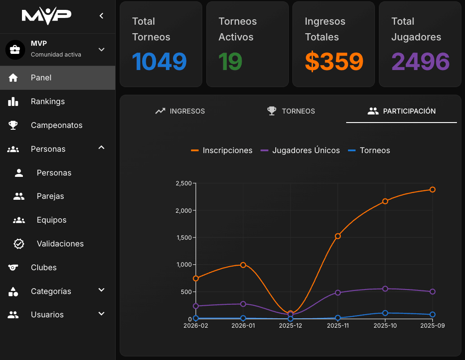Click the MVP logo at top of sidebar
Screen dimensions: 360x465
pos(47,15)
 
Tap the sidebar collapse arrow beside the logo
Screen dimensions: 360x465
pos(101,16)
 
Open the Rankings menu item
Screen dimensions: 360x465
pos(48,101)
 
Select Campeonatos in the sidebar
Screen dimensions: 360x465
pos(56,125)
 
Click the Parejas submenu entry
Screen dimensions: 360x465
pos(50,196)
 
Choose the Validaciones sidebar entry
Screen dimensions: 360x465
pos(60,244)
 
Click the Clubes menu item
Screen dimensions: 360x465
pos(43,268)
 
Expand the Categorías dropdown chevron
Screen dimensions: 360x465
pos(101,290)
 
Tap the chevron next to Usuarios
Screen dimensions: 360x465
pos(101,314)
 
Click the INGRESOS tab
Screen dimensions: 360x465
pos(180,111)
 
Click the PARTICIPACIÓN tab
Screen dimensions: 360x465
pos(401,111)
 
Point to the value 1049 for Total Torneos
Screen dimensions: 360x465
pos(159,61)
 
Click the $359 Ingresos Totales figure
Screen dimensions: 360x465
pos(334,61)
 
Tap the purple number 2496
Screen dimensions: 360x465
pos(420,61)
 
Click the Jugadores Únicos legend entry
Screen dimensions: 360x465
pos(300,150)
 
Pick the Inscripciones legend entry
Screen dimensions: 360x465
pos(222,150)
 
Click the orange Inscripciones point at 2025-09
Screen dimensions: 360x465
pos(432,189)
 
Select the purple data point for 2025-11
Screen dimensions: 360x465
pos(338,293)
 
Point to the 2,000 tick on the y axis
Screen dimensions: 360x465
pos(183,211)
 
